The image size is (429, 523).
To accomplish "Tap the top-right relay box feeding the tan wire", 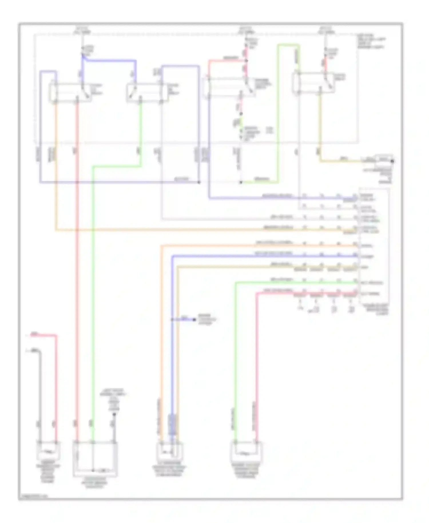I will point(313,83).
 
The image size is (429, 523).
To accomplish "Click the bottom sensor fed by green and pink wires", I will point(246,452).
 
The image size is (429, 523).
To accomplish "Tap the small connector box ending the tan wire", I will point(384,158).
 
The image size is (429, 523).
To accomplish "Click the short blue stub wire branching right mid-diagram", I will point(183,319).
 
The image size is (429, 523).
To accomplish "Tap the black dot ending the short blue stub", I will point(195,319).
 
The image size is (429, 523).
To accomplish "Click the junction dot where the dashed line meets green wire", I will point(241,182).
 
